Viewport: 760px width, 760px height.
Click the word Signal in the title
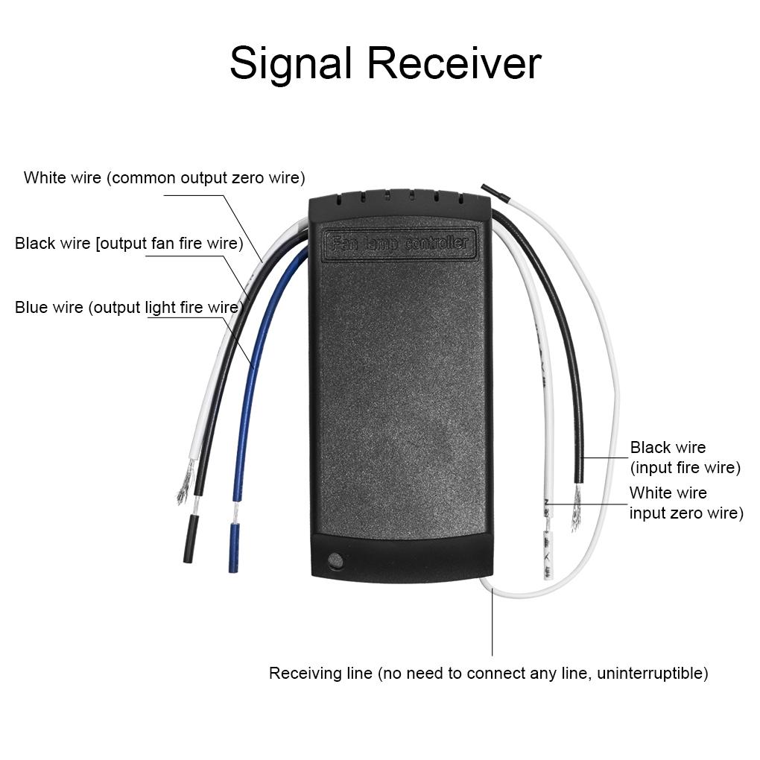[290, 64]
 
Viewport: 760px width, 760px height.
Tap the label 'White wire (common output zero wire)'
[164, 178]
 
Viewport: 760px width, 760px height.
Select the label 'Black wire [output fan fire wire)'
[129, 244]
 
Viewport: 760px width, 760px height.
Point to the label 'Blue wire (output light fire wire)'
[128, 308]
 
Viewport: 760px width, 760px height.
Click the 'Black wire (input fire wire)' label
[685, 457]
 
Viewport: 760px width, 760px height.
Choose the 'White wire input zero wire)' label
[685, 503]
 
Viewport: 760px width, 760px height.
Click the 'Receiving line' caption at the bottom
[488, 674]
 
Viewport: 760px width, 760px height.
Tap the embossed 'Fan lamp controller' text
[400, 243]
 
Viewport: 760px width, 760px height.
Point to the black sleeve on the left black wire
[191, 537]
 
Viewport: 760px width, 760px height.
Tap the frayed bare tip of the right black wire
[576, 512]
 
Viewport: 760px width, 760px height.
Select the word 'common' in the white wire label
[143, 178]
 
